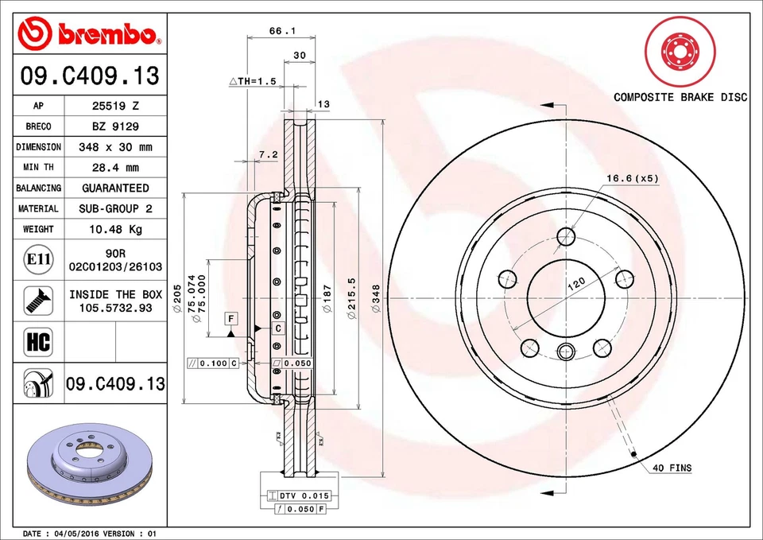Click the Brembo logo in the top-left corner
[x=89, y=33]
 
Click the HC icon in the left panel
[x=38, y=342]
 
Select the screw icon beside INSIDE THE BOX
[x=38, y=300]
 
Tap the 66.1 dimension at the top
[x=277, y=31]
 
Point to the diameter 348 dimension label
[x=377, y=300]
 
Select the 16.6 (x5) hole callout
[x=632, y=178]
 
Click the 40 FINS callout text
[x=672, y=468]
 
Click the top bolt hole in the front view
[x=565, y=235]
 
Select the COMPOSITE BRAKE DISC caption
[x=680, y=97]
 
